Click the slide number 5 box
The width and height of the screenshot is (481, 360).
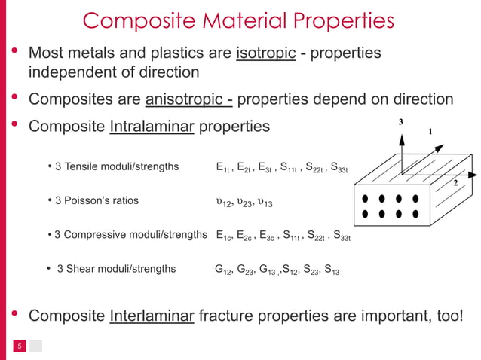coord(20,346)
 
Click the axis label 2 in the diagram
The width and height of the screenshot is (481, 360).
coord(455,183)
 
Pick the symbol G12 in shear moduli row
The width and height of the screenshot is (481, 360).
coord(223,269)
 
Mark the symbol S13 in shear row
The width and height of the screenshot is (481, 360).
coord(330,269)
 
